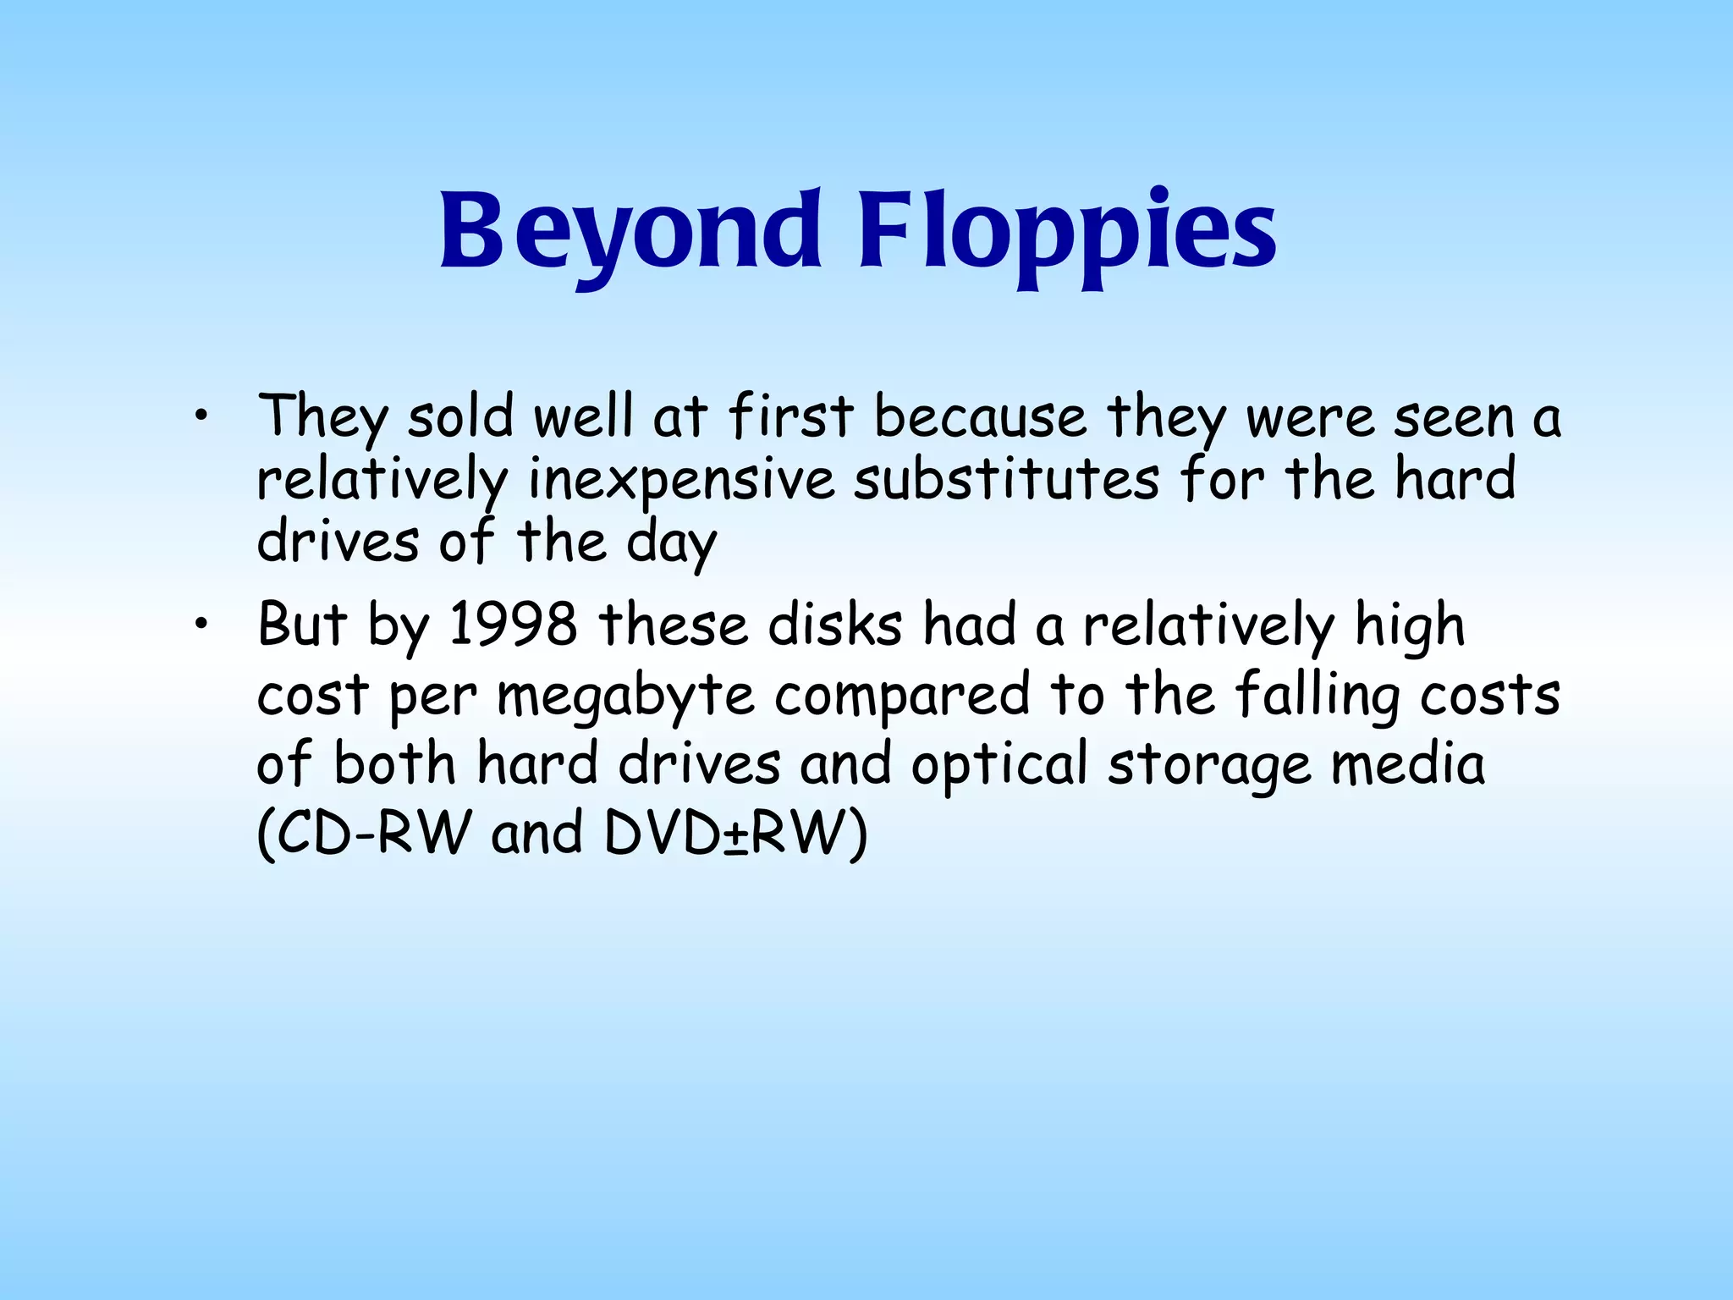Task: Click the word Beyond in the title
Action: coord(630,230)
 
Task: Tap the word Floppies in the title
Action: coord(1068,230)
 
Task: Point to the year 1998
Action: coord(513,625)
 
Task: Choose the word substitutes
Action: coord(1006,479)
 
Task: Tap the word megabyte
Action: coord(625,696)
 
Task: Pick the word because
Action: coord(980,416)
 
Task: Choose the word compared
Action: coord(902,696)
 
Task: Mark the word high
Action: coord(1410,626)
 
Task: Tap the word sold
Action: coord(460,416)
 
